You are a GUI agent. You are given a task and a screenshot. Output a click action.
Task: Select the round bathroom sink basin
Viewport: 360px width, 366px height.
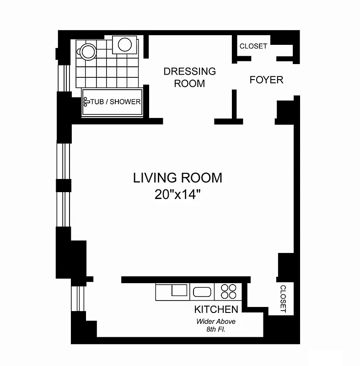(125, 44)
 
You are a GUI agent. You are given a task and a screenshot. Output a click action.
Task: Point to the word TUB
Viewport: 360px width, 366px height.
(97, 102)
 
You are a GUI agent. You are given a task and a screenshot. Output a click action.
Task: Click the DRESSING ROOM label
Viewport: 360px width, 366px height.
(189, 77)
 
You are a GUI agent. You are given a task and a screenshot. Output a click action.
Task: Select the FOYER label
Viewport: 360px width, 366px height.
(266, 80)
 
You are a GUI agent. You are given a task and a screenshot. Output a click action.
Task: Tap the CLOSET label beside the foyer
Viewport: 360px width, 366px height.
(253, 46)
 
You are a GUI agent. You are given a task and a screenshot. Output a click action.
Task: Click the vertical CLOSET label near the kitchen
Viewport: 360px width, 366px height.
(283, 299)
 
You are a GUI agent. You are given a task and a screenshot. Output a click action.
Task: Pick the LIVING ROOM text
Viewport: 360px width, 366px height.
(177, 178)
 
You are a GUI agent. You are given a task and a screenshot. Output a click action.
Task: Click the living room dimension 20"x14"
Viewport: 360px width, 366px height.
(178, 194)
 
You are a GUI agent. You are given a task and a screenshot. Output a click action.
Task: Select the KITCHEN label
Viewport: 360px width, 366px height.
(216, 309)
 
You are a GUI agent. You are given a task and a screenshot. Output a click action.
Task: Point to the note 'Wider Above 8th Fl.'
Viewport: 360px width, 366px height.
(216, 325)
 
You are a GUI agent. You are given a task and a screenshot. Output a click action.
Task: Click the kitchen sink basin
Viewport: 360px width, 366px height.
(201, 292)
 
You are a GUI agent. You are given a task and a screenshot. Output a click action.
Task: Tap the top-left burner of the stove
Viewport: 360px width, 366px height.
(225, 288)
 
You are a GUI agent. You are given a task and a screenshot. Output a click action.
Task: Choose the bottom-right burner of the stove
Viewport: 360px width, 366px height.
(232, 296)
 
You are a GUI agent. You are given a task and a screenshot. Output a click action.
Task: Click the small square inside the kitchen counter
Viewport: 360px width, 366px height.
(179, 290)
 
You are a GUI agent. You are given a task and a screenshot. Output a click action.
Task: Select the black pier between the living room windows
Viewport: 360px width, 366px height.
(64, 185)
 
